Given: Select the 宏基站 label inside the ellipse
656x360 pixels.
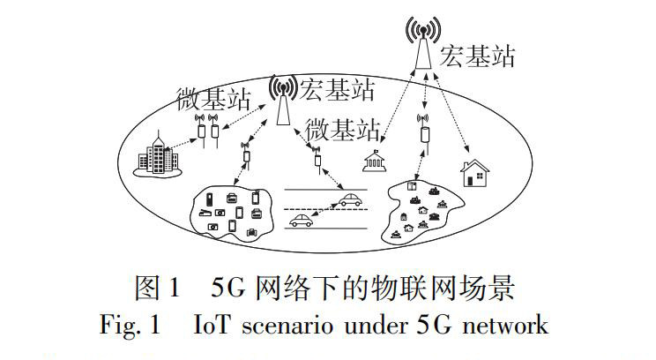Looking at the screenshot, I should coord(336,88).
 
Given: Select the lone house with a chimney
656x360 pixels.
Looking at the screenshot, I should coord(476,174).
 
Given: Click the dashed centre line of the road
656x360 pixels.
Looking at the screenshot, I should coord(326,209).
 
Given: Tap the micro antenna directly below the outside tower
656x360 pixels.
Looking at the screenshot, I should coord(423,131).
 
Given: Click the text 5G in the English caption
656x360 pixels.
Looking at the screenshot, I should coord(432,326).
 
